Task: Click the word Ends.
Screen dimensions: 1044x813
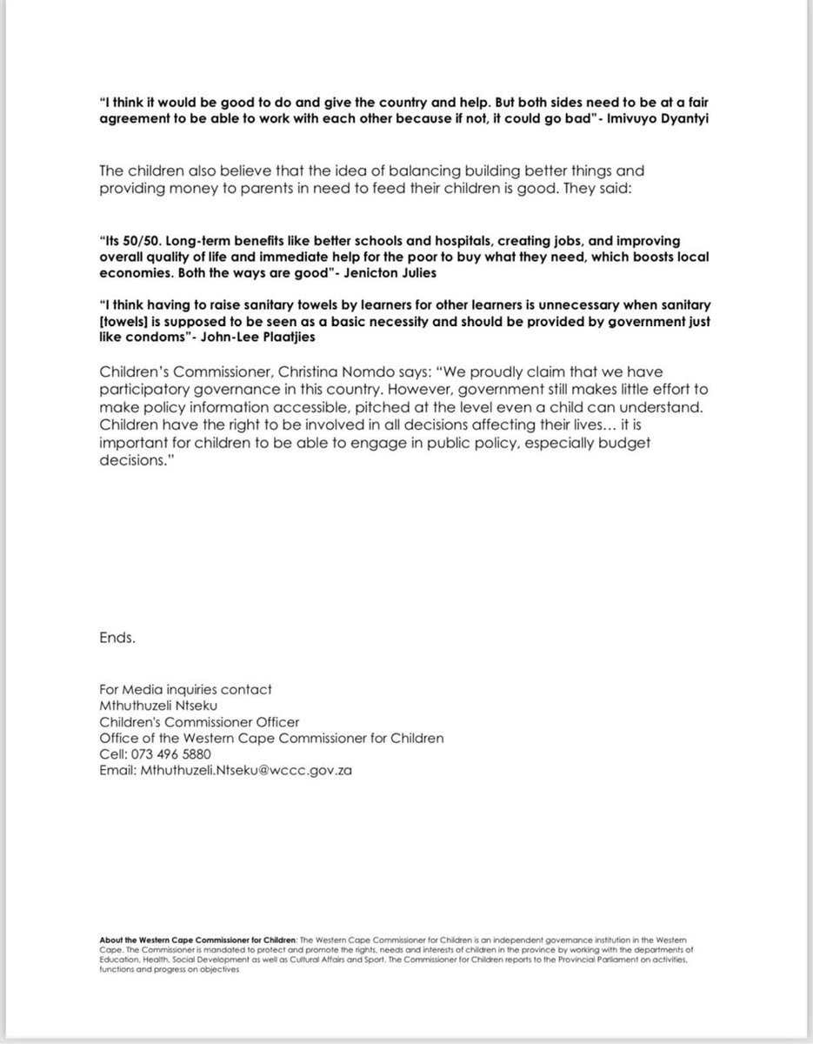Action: coord(117,637)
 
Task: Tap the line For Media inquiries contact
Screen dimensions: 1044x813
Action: coord(185,689)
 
